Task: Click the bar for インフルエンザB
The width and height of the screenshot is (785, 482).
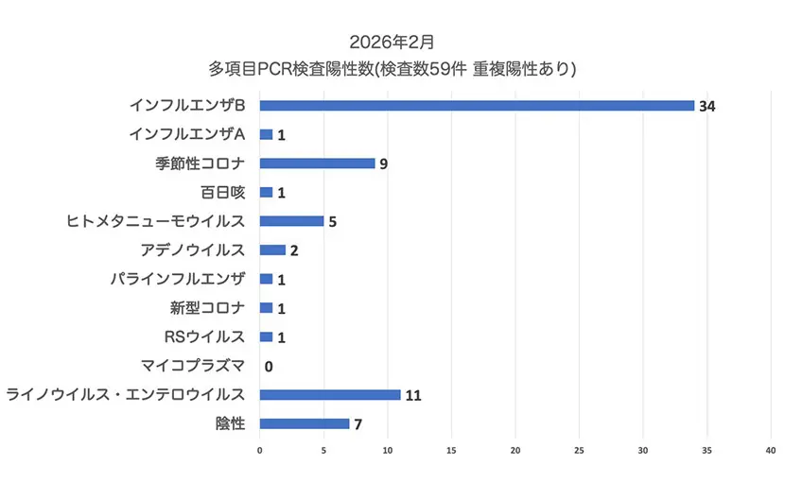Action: (x=477, y=105)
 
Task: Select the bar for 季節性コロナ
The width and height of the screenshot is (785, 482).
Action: (x=317, y=163)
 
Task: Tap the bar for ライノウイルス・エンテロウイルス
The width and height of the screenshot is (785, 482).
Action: (x=330, y=394)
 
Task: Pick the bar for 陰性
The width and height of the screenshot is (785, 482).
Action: (x=304, y=423)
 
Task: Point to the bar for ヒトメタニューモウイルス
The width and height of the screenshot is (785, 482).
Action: (x=291, y=221)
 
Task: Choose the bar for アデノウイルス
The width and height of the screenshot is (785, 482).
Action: (x=272, y=250)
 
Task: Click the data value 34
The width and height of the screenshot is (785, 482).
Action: (x=707, y=106)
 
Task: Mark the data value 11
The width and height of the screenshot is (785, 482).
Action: (x=413, y=395)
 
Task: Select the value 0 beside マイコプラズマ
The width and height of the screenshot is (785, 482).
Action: (x=269, y=367)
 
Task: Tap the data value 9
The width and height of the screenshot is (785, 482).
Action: (x=383, y=164)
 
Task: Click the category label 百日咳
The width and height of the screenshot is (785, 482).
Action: (x=222, y=192)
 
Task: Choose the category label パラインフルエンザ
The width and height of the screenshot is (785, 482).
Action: (x=190, y=279)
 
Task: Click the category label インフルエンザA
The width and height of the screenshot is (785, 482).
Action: (x=187, y=133)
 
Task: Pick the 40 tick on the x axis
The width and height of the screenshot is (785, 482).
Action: (x=772, y=450)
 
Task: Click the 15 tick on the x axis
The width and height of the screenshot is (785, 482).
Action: (x=452, y=450)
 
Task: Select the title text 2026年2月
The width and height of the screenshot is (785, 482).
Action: (x=392, y=42)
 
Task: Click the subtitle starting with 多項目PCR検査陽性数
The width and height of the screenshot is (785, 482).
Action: (x=392, y=69)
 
